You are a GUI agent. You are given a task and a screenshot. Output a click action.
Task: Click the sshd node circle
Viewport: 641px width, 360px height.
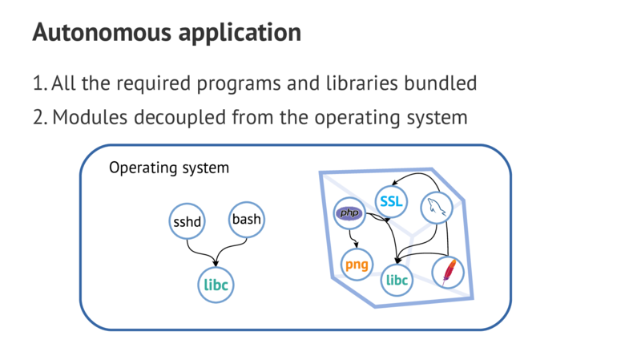[x=188, y=221]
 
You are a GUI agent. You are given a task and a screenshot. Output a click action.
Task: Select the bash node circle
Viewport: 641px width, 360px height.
[x=246, y=219]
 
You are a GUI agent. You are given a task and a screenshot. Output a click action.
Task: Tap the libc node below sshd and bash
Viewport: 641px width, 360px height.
[x=216, y=284]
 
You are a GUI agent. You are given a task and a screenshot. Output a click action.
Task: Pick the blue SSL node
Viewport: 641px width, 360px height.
[x=392, y=201]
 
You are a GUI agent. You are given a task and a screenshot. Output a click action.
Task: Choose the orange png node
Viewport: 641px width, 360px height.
[x=357, y=264]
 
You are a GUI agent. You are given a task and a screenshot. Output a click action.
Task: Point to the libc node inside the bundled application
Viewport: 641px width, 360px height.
[x=397, y=280]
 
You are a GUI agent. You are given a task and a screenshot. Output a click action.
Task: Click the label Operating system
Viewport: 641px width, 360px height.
[x=169, y=168]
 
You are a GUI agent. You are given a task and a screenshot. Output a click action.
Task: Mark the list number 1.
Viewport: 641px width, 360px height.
[x=38, y=83]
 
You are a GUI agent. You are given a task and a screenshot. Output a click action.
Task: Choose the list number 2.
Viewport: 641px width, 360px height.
[x=38, y=117]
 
